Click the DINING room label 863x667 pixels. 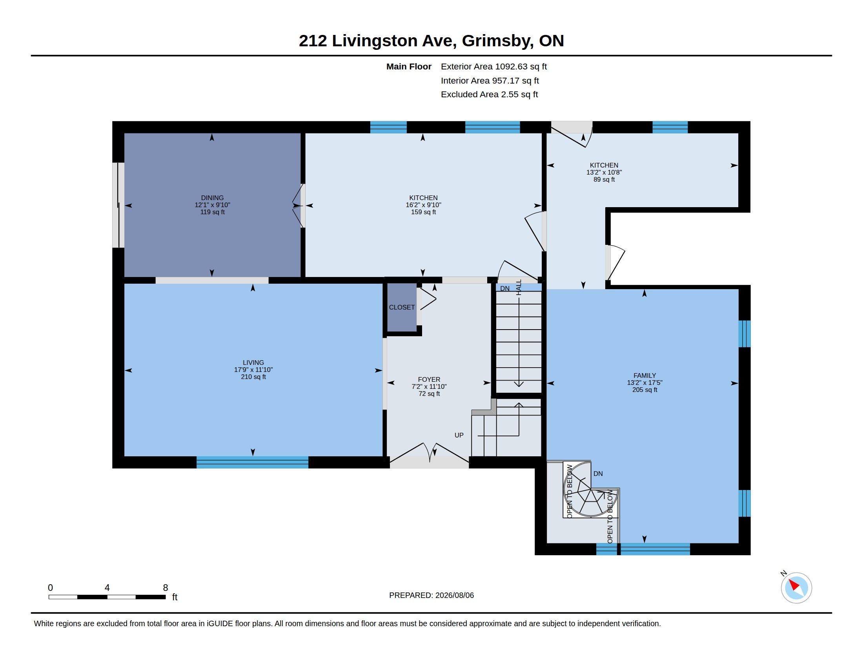pos(212,198)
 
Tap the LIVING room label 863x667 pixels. pos(253,363)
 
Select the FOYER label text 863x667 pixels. pos(429,379)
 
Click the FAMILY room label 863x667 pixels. pos(645,375)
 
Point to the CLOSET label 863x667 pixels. pos(402,307)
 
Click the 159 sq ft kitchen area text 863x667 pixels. pos(423,212)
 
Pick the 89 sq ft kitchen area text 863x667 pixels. pos(604,179)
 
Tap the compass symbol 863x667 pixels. pos(796,587)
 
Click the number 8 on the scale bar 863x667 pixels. pos(165,588)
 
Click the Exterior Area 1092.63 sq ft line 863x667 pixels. pos(493,66)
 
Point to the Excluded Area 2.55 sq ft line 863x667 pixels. pos(489,94)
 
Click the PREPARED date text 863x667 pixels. pos(431,595)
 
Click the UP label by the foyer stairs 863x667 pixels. pos(459,435)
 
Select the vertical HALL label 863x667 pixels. pos(519,287)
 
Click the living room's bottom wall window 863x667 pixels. pos(253,462)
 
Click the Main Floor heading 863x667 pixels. pos(409,66)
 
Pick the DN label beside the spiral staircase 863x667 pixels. pos(598,474)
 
